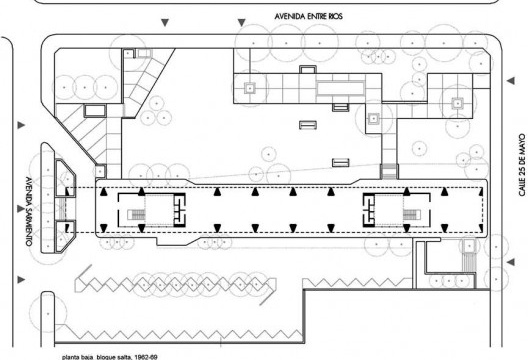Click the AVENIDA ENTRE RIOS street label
(308, 16)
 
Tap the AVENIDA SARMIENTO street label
(28, 211)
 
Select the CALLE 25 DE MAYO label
(522, 165)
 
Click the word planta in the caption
(70, 357)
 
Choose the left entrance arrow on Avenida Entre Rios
(165, 23)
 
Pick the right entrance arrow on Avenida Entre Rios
(241, 23)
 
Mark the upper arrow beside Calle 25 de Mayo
(511, 81)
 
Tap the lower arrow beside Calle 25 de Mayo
(511, 262)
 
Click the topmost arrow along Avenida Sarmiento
(21, 125)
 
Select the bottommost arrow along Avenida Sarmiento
(21, 280)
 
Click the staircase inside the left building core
(136, 215)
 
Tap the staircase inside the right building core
(412, 215)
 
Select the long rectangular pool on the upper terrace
(340, 88)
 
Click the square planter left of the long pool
(250, 89)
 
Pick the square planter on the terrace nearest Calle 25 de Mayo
(457, 104)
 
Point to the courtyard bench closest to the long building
(340, 163)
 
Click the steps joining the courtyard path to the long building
(389, 171)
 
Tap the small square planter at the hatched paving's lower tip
(100, 171)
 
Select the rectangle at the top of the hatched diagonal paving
(95, 111)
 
